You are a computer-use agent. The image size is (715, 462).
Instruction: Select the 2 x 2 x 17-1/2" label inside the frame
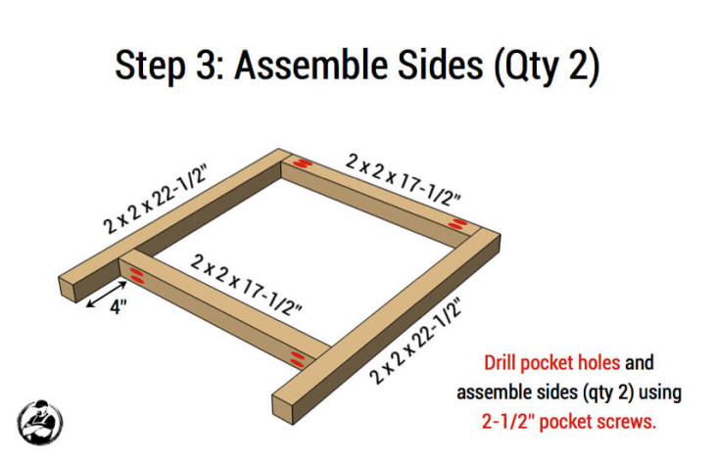coord(247,284)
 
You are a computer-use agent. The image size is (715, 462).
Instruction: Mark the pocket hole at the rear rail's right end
coord(456,225)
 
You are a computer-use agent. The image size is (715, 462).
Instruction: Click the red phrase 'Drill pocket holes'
coord(551,362)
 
